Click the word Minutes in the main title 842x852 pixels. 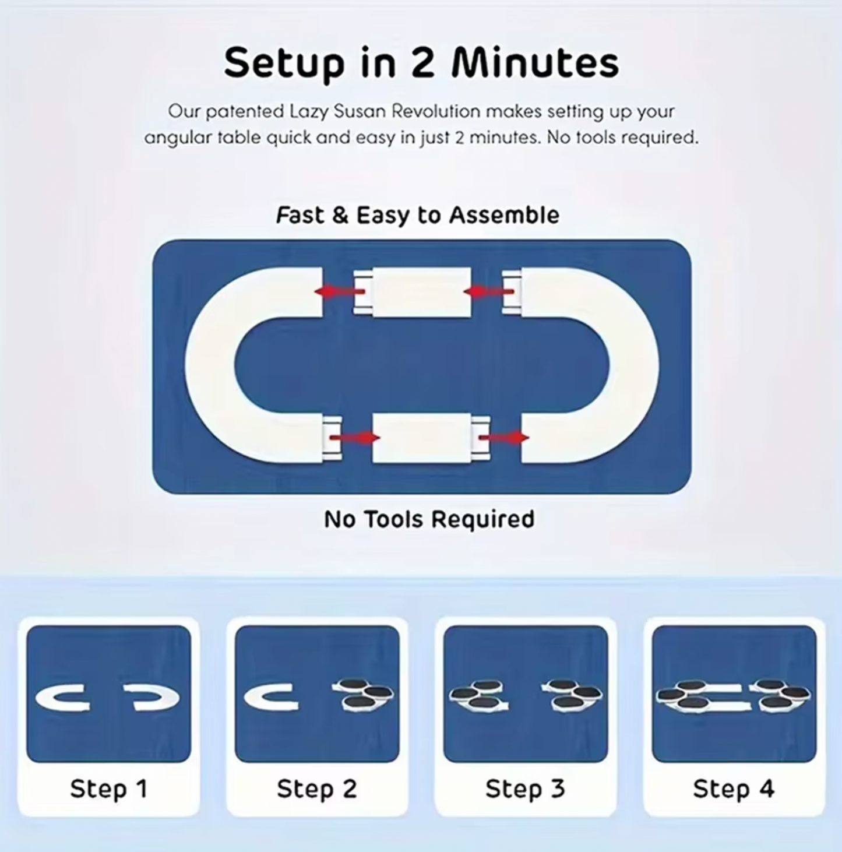point(535,63)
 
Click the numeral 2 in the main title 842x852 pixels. point(423,63)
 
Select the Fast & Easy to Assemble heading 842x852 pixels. point(417,215)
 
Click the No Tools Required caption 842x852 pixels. point(429,519)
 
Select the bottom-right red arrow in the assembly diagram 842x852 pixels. point(503,437)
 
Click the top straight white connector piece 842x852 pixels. point(421,292)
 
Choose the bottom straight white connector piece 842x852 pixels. point(421,438)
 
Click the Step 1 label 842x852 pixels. point(108,788)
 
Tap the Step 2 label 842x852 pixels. point(316,788)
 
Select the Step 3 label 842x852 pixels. point(525,788)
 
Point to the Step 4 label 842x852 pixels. point(734,788)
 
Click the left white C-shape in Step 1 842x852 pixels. point(62,698)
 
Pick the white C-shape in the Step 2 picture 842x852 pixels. point(269,698)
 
